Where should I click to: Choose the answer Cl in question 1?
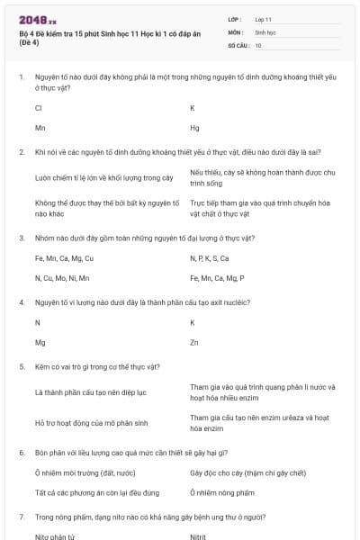pos(38,108)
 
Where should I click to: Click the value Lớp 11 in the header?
pos(264,19)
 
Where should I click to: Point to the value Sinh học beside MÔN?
pos(265,31)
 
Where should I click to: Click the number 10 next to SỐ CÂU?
pos(258,44)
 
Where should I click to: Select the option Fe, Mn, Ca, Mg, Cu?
pos(64,258)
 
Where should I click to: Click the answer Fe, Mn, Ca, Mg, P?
pos(217,278)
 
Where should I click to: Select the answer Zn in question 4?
pos(194,343)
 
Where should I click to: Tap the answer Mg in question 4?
pos(40,343)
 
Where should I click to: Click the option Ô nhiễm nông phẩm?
pos(222,492)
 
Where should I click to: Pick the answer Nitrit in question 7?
pos(199,535)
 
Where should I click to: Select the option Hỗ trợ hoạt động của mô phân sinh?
pos(91,422)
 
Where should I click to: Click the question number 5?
pos(22,367)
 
